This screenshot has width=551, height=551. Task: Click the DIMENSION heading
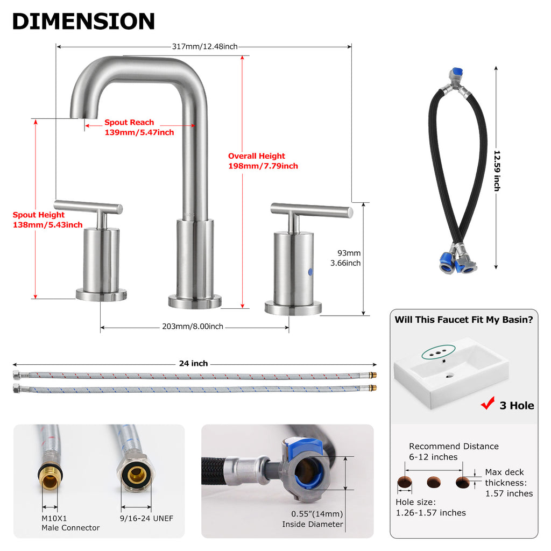83,21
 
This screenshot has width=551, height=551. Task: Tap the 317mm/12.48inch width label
205,46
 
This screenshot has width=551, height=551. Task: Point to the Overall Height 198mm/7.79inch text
263,161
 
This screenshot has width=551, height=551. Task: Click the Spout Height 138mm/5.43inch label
48,220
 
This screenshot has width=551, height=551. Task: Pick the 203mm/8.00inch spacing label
193,327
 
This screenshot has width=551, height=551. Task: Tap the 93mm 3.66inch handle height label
345,258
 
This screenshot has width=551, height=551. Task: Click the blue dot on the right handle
310,272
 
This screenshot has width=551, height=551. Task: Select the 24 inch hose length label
193,363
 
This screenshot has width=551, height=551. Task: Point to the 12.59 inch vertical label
497,171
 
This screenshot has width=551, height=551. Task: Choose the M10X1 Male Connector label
70,523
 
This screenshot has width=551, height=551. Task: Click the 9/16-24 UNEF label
146,518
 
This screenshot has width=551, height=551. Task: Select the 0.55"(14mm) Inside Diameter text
313,519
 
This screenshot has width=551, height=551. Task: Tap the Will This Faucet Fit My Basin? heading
464,320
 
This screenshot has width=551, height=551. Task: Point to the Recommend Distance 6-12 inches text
454,451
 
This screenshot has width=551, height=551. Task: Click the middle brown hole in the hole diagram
434,482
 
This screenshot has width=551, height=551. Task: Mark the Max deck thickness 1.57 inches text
509,483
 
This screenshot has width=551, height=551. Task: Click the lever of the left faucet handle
88,207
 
